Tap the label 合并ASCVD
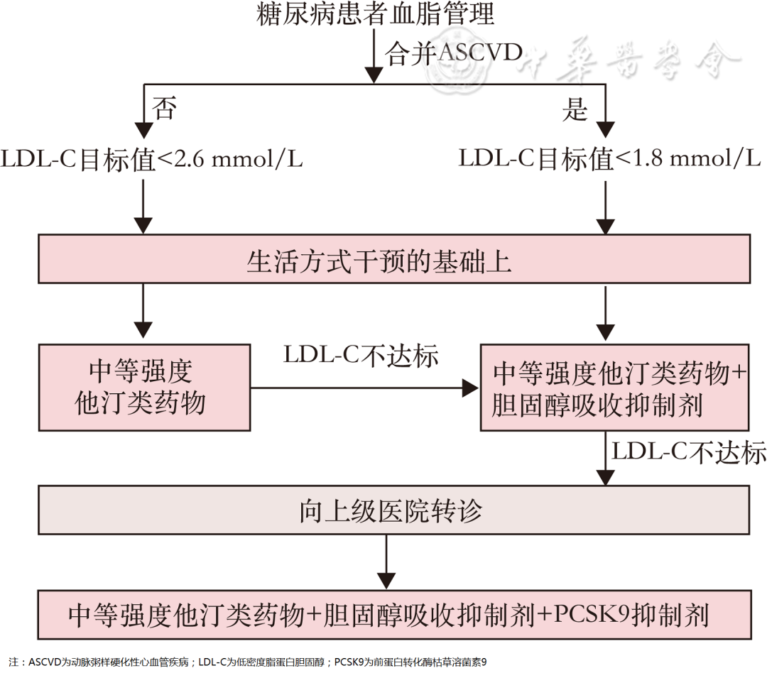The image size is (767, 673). coord(454,54)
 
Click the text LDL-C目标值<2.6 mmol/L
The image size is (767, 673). coord(152,158)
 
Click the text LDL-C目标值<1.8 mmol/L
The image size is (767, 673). coord(609,158)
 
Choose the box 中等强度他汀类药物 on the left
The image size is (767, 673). coord(144,387)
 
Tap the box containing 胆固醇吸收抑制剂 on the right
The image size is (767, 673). coord(616,388)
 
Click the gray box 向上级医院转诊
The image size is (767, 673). coord(394,510)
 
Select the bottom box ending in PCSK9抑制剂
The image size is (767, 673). coord(394,613)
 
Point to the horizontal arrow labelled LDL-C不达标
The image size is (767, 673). coord(362,388)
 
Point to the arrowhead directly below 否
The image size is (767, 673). coord(144,129)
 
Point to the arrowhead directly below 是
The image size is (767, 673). coord(605,129)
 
